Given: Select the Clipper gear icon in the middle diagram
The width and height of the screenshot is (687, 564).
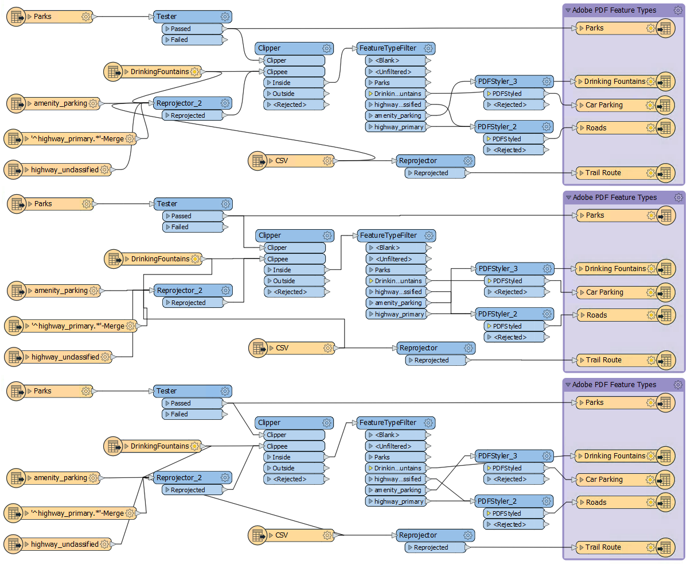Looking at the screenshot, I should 327,235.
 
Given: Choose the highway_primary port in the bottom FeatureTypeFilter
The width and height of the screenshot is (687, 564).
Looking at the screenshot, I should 395,501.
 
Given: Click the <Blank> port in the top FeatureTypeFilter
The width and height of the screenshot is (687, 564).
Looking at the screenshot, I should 395,60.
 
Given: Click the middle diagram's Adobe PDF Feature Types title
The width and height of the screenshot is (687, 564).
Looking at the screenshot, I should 614,198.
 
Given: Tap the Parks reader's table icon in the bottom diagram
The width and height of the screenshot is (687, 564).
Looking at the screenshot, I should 17,391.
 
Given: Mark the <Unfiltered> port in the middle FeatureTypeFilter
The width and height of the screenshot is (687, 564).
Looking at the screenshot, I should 396,259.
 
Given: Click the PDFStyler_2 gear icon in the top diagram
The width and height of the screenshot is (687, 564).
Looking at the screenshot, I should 547,126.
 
